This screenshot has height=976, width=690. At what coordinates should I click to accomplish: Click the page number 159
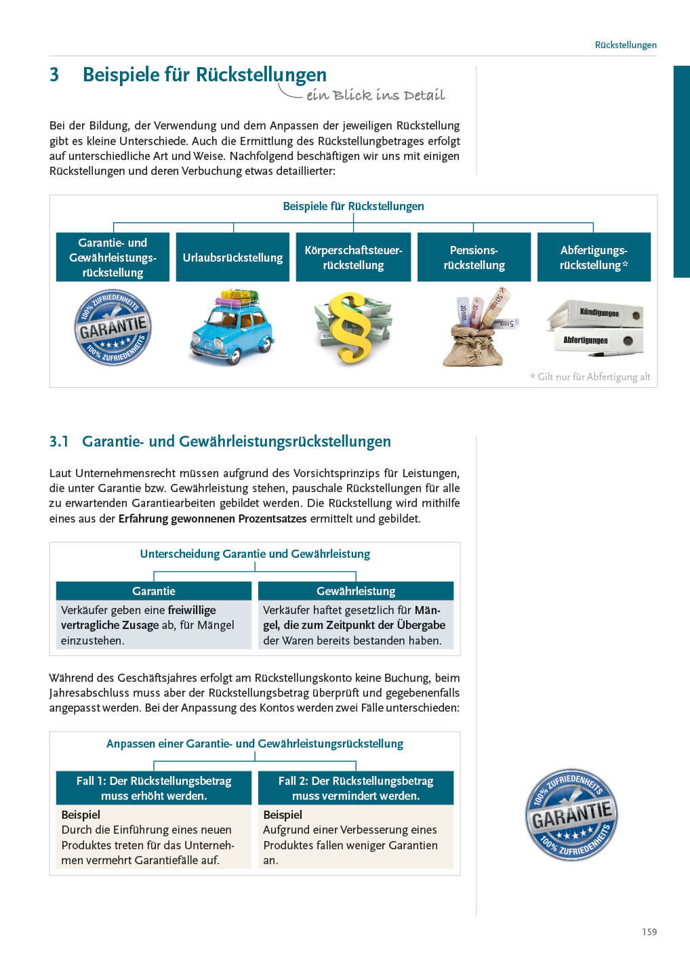point(649,932)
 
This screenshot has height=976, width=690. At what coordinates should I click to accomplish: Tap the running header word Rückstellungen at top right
point(625,45)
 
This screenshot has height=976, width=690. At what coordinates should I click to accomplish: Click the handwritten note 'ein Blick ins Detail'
point(375,95)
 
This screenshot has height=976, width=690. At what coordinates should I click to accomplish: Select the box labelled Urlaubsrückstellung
point(232,258)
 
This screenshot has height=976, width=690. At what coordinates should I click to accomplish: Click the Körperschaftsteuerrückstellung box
point(353,258)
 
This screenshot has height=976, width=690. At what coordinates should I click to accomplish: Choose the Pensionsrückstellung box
point(474,258)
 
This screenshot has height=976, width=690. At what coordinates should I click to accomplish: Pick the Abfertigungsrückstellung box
point(594,258)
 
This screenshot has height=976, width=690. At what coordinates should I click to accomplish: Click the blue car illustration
point(232,327)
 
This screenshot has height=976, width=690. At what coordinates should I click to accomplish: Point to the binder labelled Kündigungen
point(597,313)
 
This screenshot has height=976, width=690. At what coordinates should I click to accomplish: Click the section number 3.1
point(59,442)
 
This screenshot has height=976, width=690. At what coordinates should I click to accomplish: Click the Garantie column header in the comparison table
point(154,591)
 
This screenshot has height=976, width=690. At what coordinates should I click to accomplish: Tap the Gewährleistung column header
point(356,591)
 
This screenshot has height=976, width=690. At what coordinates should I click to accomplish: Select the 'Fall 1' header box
point(154,788)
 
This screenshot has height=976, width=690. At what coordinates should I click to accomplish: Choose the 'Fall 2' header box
point(356,788)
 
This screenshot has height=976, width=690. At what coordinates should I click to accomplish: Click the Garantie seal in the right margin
point(571,815)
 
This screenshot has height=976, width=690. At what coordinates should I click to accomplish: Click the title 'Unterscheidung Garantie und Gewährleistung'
point(255,554)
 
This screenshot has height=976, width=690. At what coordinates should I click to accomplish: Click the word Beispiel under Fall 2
point(283,815)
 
